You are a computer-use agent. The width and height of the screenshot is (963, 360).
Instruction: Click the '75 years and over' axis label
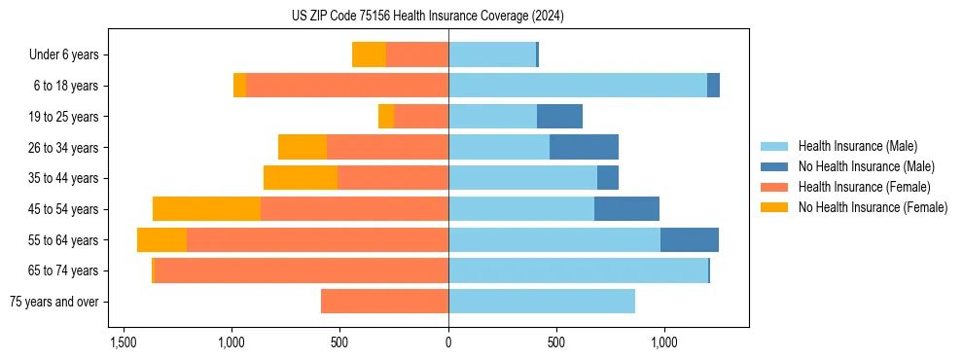[x=54, y=302]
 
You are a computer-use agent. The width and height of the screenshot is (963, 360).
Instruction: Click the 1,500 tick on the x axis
[x=124, y=343]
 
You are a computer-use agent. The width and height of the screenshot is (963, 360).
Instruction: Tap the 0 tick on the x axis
[x=448, y=343]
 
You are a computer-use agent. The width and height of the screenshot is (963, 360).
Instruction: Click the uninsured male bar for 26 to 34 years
[x=584, y=147]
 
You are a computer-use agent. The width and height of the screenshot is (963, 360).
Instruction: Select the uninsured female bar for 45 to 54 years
[x=206, y=209]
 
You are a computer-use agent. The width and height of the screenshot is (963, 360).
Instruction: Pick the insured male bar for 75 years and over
[x=542, y=302]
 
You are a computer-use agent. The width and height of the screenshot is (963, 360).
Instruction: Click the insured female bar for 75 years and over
[x=384, y=302]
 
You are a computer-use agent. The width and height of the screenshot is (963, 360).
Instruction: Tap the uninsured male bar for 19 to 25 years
[x=559, y=117]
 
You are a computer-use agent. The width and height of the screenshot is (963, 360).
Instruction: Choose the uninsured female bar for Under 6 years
[x=369, y=55]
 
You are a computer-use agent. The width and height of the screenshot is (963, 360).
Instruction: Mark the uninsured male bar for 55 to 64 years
[x=690, y=240]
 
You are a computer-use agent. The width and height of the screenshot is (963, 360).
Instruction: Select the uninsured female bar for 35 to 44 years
[x=301, y=178]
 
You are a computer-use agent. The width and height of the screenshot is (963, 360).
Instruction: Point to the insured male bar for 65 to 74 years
[x=578, y=270]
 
